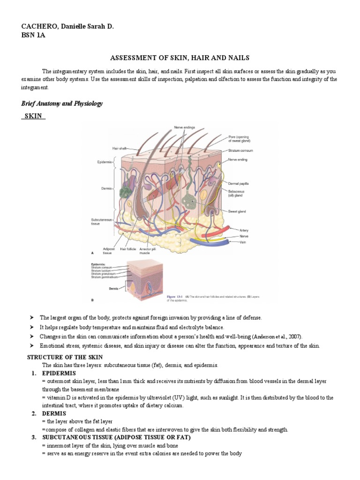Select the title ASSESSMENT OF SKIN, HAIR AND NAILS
click(x=180, y=58)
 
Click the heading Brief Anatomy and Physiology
click(x=62, y=104)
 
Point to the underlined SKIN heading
click(x=33, y=116)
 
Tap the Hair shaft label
click(x=120, y=148)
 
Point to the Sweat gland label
click(x=237, y=211)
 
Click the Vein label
click(x=244, y=242)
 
